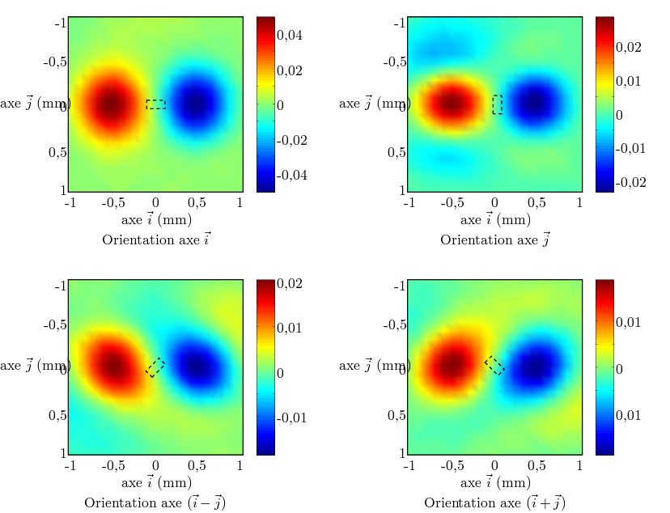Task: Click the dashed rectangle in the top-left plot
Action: [x=155, y=104]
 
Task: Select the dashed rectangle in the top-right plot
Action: [x=497, y=104]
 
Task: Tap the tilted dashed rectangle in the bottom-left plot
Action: [x=155, y=367]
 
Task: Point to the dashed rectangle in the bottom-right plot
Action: [x=494, y=365]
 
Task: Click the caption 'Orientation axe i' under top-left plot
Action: [x=157, y=240]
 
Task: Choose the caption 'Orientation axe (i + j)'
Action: [x=494, y=503]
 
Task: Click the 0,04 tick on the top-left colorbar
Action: [x=290, y=36]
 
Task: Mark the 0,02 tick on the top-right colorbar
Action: [x=630, y=47]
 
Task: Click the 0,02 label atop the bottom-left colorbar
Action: [x=290, y=283]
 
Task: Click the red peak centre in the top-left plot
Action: [x=112, y=104]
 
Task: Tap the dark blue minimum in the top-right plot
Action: [x=535, y=104]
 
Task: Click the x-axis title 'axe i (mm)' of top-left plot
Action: [x=156, y=219]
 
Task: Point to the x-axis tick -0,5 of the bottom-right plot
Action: [x=452, y=466]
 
